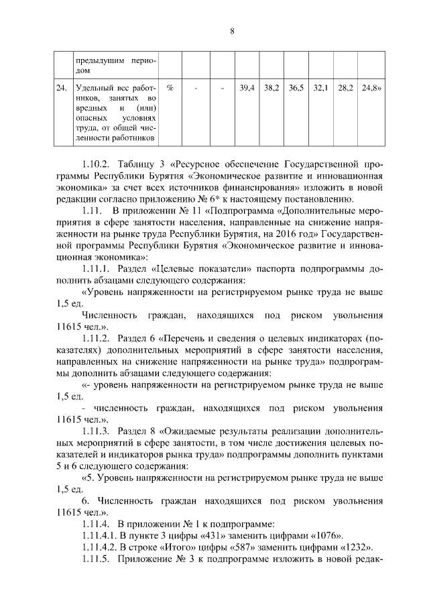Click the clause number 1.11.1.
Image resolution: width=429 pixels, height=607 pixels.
click(96, 268)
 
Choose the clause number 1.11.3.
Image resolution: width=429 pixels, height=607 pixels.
click(96, 430)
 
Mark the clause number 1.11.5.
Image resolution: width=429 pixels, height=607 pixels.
click(96, 559)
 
